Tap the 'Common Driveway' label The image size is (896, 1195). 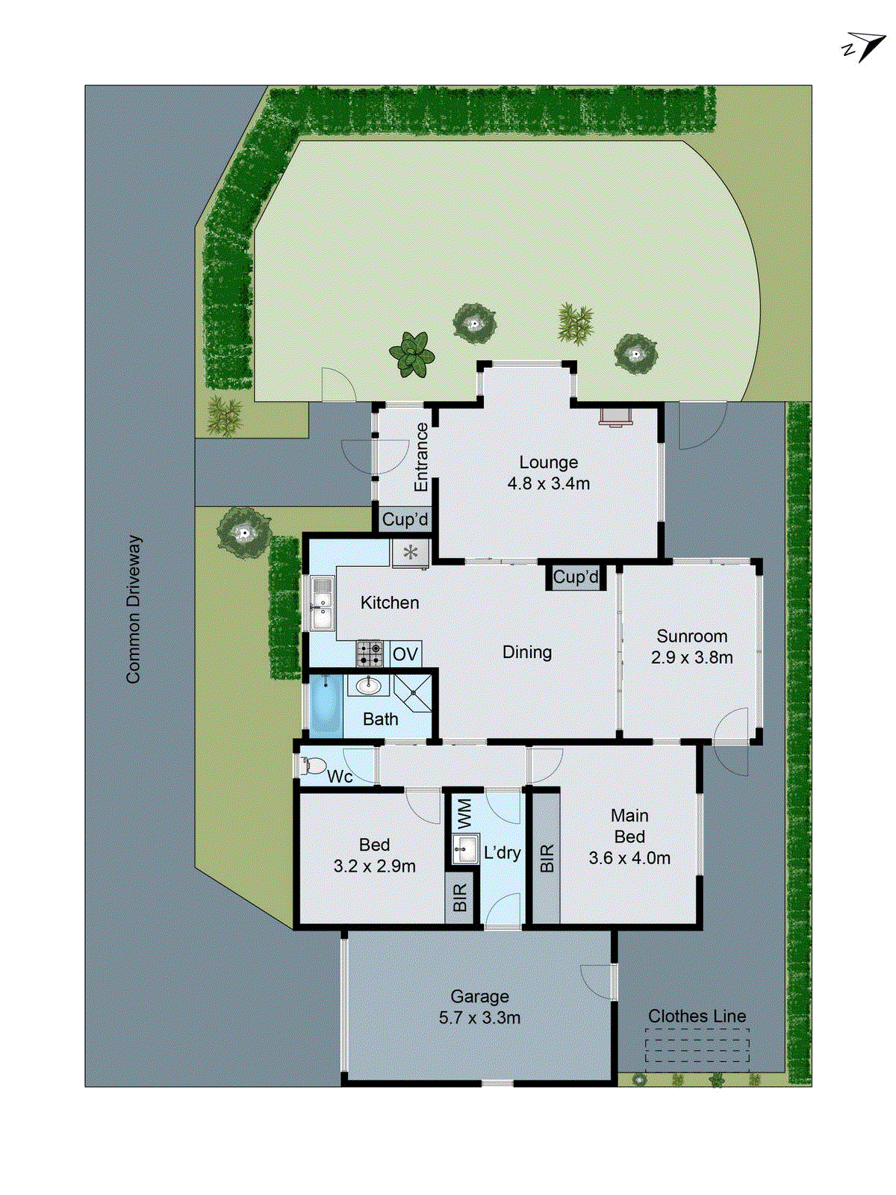(134, 609)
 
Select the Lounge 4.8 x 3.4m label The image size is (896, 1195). (549, 473)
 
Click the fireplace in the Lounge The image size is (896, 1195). (615, 416)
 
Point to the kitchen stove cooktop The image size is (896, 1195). (370, 654)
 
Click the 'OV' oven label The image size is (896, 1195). (405, 655)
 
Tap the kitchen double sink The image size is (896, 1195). (322, 603)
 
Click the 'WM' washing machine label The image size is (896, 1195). (464, 813)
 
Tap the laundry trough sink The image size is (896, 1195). (465, 848)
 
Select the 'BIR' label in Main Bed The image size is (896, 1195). (547, 858)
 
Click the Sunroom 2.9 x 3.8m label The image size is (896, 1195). (691, 647)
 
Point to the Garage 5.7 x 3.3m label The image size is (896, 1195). (479, 1007)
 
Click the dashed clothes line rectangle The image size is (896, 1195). (697, 1045)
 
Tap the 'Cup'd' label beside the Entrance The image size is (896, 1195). (405, 519)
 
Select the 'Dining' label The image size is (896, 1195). (527, 652)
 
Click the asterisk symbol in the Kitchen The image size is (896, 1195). (411, 553)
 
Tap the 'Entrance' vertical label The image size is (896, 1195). (422, 457)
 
